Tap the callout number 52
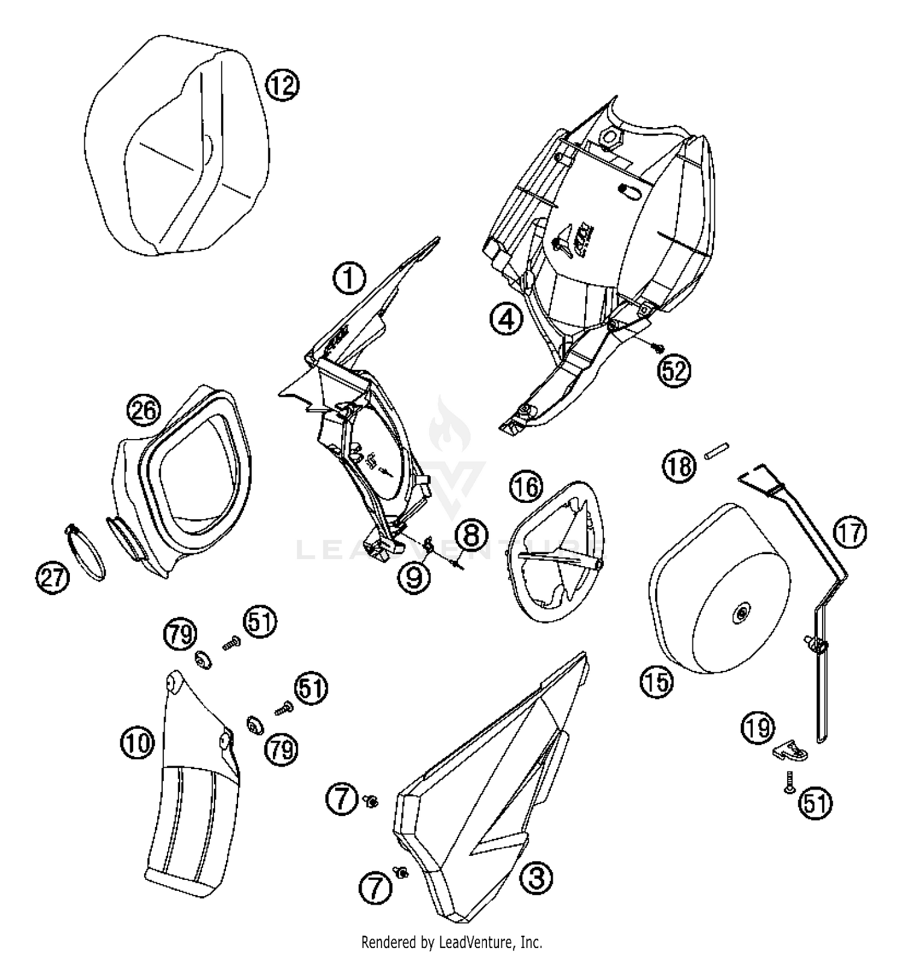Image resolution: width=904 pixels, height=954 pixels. pos(674,370)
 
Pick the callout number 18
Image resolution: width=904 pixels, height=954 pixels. pos(679,466)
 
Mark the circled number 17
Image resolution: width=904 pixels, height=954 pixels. pos(850,534)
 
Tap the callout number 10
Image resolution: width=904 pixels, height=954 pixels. pos(137,743)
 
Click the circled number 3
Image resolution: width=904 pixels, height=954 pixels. pos(536,878)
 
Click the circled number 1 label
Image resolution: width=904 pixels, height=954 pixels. pos(349,281)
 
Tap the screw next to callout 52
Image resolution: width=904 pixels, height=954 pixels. pos(658,347)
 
